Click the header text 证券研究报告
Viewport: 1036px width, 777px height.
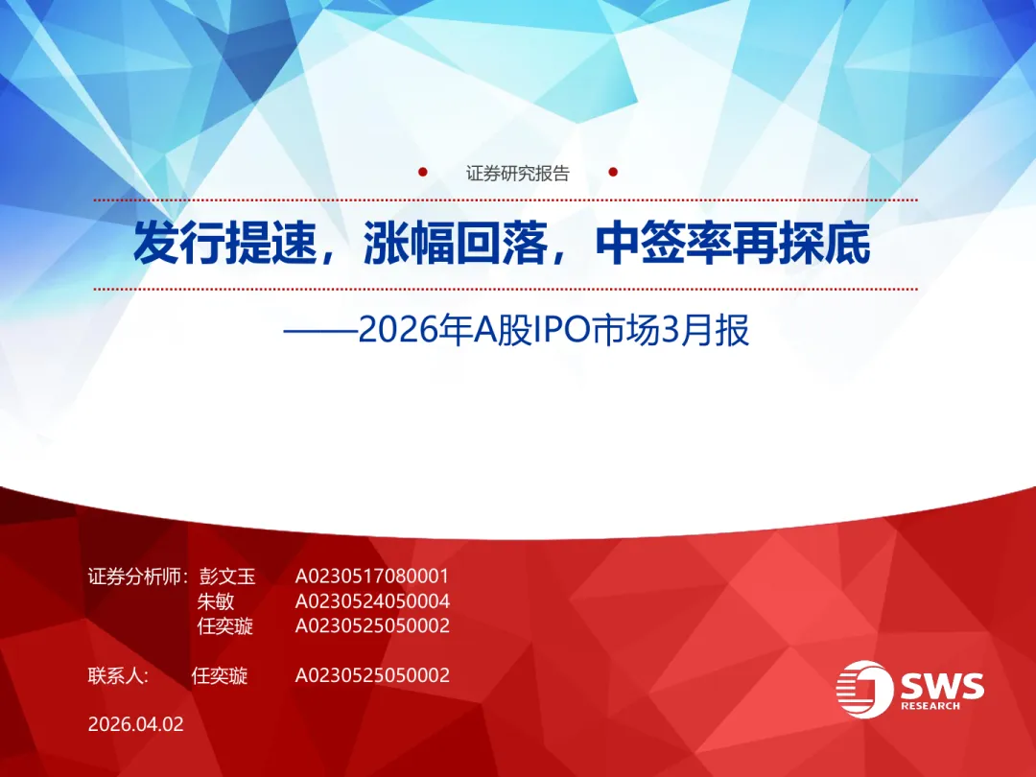click(518, 174)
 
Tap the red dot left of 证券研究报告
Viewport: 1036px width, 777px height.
click(423, 174)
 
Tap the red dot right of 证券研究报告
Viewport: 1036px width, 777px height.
click(614, 174)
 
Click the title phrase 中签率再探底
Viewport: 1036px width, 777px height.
click(733, 245)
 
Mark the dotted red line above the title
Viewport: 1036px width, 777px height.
click(505, 200)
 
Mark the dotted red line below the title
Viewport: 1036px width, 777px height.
click(505, 289)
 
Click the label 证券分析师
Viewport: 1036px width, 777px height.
click(135, 577)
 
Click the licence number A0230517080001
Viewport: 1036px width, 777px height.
click(372, 577)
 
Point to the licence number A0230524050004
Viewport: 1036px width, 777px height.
click(372, 601)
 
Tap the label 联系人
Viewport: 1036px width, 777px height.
click(117, 675)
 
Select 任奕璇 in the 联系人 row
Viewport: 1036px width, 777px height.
click(220, 675)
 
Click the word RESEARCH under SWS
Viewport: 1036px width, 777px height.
click(930, 706)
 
